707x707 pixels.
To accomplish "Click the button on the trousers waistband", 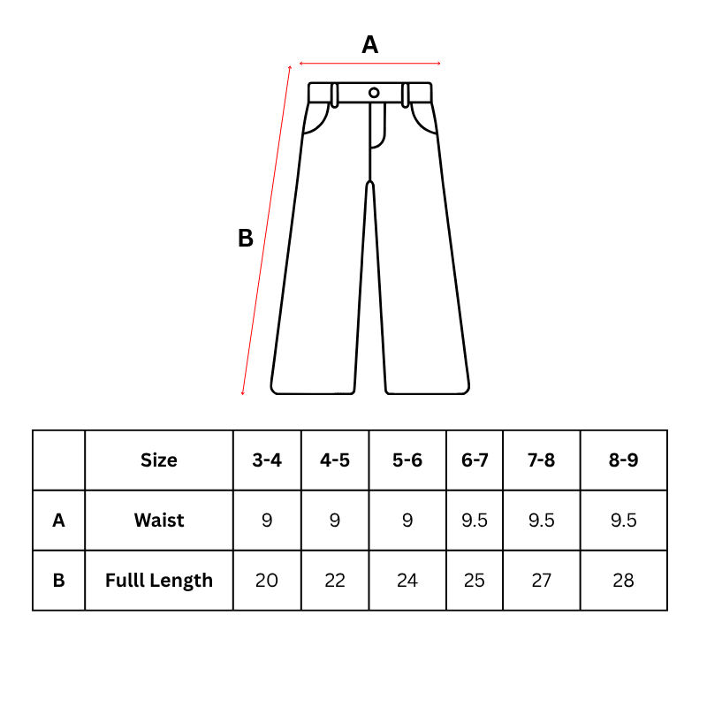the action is click(374, 93).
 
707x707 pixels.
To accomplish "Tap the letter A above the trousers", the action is click(369, 45).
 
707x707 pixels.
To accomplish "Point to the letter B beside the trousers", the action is click(246, 238).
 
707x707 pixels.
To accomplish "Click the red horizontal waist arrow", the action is click(369, 64).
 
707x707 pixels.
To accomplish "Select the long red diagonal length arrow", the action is click(266, 231).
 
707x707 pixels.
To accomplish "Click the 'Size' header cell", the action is click(159, 460).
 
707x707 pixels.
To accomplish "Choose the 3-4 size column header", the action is click(267, 460).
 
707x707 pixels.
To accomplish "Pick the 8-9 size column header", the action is click(624, 460).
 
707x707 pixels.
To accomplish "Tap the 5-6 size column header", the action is click(407, 460).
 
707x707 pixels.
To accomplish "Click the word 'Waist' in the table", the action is click(159, 521).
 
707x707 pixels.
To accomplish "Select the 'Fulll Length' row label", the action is click(159, 581).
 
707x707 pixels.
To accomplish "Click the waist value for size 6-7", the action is click(475, 521).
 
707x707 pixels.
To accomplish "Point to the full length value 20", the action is click(267, 581).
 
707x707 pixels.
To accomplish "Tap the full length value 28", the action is click(624, 581).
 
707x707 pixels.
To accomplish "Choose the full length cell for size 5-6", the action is click(407, 581).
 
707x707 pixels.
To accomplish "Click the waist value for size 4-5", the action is click(335, 521).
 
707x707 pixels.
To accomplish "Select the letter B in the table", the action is click(58, 581).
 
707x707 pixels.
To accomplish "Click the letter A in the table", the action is click(58, 521).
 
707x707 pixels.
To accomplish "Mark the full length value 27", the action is click(542, 581).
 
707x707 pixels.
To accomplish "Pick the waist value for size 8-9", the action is click(624, 521).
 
